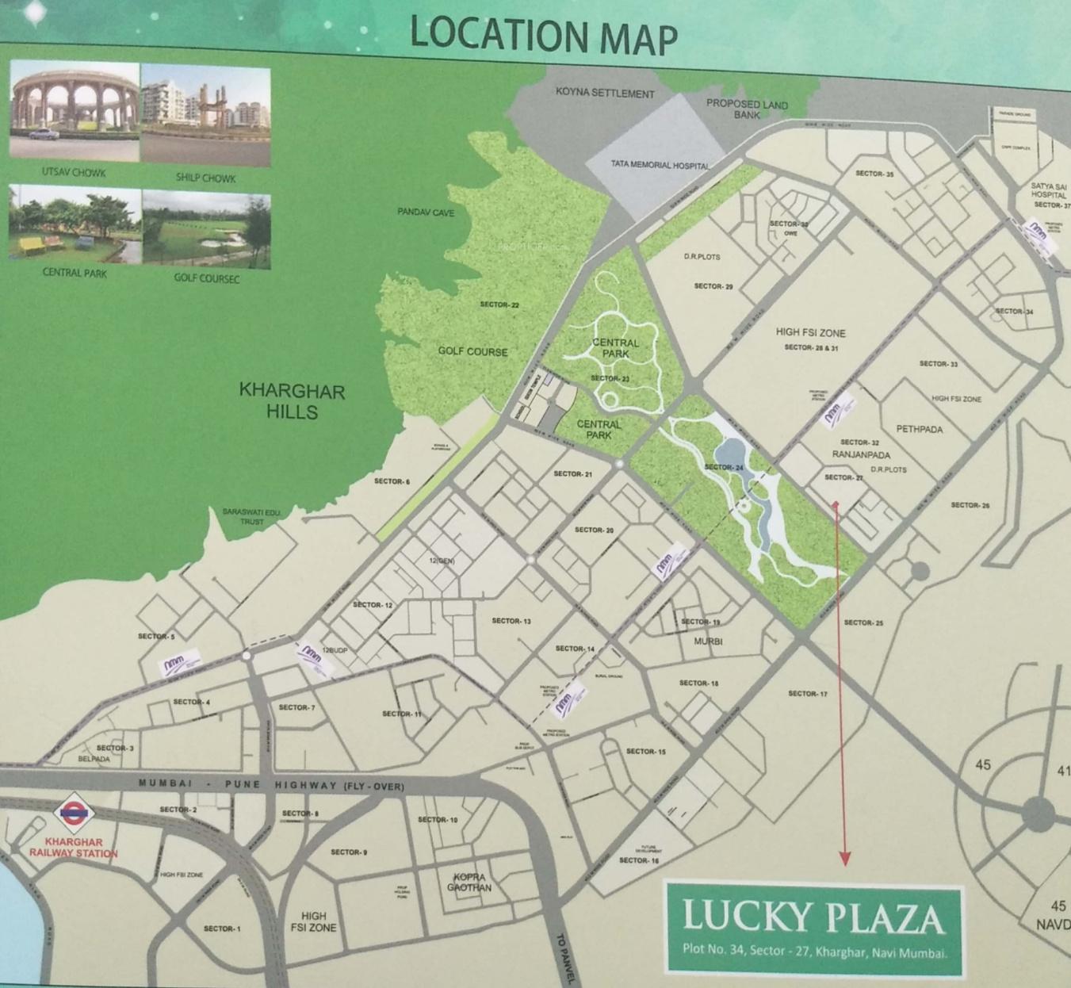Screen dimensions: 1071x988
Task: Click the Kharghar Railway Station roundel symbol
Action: point(75,814)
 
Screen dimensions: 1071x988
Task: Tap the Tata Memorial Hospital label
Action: point(660,165)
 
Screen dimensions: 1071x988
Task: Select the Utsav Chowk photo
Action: point(75,110)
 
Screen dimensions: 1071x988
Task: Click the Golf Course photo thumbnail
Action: point(206,228)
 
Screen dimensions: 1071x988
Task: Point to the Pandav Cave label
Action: point(426,213)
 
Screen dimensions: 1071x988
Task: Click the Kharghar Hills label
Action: point(292,401)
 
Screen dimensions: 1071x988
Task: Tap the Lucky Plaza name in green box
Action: point(813,917)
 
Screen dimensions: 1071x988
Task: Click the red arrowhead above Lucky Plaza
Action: point(845,859)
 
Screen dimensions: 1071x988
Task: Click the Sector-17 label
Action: point(807,694)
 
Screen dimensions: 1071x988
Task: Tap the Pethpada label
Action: point(920,429)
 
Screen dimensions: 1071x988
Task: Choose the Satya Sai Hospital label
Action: point(1049,191)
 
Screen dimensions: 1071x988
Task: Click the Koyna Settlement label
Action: point(605,94)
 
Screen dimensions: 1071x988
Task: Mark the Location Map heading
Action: point(543,35)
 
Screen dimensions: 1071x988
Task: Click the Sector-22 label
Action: point(499,304)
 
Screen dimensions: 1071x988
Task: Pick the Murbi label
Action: point(708,641)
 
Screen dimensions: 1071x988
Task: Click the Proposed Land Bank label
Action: point(747,109)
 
